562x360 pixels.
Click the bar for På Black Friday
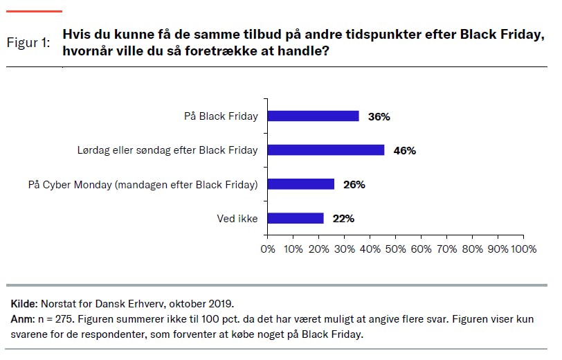[313, 116]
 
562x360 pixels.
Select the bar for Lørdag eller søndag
[325, 150]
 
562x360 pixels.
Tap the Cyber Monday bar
[300, 184]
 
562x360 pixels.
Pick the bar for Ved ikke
[296, 218]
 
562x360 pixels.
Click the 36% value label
[379, 117]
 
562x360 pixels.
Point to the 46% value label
[404, 151]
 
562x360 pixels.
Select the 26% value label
[354, 185]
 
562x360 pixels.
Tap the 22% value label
[343, 219]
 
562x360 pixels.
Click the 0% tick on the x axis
[267, 249]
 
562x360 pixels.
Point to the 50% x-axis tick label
[395, 249]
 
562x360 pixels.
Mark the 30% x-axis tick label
[343, 249]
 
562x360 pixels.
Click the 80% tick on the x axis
[471, 249]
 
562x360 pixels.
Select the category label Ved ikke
[237, 219]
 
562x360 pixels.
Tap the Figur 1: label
[28, 43]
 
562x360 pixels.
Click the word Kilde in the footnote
[24, 303]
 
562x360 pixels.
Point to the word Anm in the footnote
[22, 319]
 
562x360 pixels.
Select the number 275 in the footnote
[62, 319]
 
